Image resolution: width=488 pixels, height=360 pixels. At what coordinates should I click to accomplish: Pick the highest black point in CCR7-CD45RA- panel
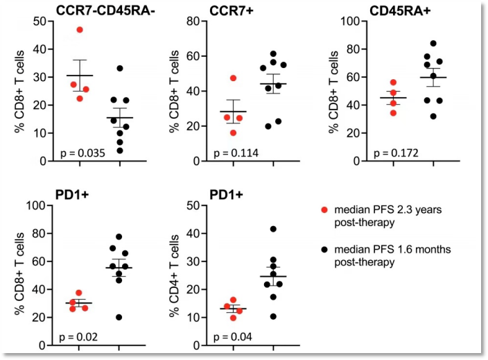tap(119, 68)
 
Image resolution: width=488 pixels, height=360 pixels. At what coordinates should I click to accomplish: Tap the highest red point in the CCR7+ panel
tap(234, 78)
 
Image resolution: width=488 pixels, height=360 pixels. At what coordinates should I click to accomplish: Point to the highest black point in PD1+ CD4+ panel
tap(273, 229)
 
